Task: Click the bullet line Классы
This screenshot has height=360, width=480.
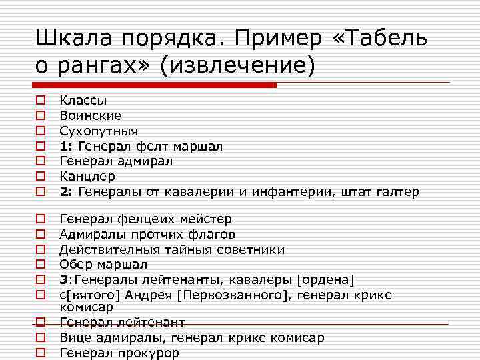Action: click(83, 100)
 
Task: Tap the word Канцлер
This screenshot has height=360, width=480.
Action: click(87, 177)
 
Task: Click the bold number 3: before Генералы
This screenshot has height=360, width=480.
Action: click(65, 280)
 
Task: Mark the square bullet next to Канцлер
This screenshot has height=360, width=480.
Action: click(41, 177)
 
